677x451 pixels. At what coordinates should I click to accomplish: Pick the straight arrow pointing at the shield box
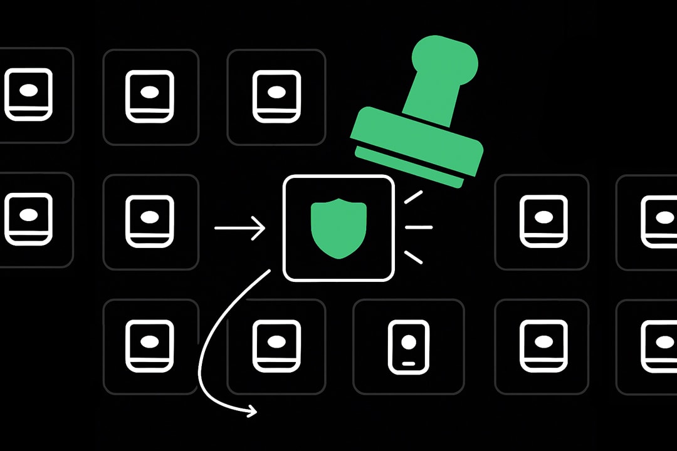pos(240,228)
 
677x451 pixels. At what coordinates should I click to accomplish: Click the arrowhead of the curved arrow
pos(252,411)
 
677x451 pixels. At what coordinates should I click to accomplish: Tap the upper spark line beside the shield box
pos(413,197)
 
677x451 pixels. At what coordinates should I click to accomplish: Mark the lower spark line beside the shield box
pos(413,257)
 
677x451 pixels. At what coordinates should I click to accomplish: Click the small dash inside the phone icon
pos(408,363)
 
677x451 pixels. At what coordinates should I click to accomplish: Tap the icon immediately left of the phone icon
pos(276,346)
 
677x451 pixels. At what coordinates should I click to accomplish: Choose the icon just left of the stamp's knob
pos(276,95)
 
